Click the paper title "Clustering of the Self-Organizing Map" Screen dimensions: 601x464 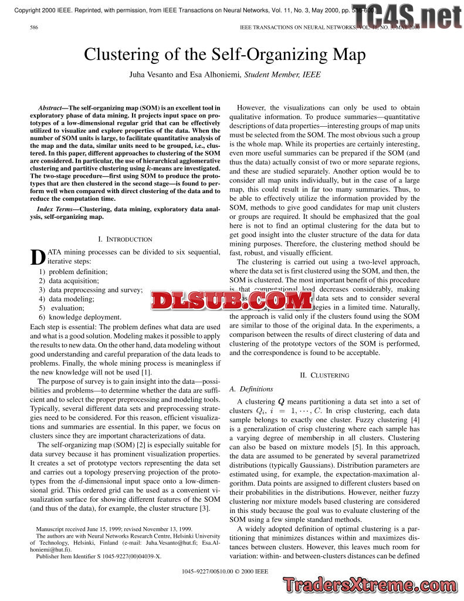225,55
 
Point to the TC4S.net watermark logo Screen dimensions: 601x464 407,18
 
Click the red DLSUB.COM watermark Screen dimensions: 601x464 232,301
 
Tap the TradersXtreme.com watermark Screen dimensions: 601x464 371,585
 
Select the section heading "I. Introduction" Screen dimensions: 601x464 125,239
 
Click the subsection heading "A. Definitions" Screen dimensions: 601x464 251,389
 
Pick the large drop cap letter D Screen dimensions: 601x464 38,257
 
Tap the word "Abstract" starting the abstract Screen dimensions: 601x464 52,108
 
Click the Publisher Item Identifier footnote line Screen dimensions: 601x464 99,555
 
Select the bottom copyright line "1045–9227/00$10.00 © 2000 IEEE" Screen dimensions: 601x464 225,570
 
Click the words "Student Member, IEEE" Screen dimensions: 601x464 283,75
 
